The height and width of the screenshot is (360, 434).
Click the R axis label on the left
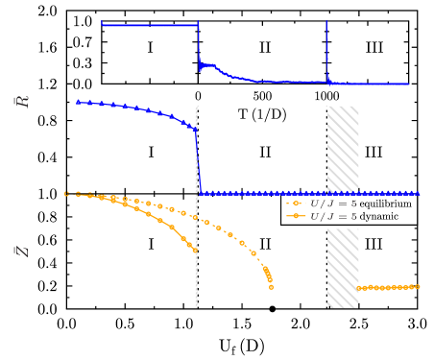22,101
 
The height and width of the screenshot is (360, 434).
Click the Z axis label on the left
22,251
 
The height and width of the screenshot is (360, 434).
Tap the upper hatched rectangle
343,148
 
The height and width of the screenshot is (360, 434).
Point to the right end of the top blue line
408,84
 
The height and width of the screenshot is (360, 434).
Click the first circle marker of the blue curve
79,102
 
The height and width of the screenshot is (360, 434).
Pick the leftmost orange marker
66,193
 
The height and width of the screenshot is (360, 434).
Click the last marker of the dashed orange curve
271,286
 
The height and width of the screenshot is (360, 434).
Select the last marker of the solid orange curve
195,250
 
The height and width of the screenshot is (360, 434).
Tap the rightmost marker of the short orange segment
418,286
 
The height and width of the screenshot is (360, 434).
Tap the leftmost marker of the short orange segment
360,288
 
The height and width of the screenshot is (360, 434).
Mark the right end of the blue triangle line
417,192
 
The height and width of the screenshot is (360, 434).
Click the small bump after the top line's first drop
208,65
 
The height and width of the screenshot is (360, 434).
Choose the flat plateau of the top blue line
149,25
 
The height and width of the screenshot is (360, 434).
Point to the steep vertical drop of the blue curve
198,158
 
